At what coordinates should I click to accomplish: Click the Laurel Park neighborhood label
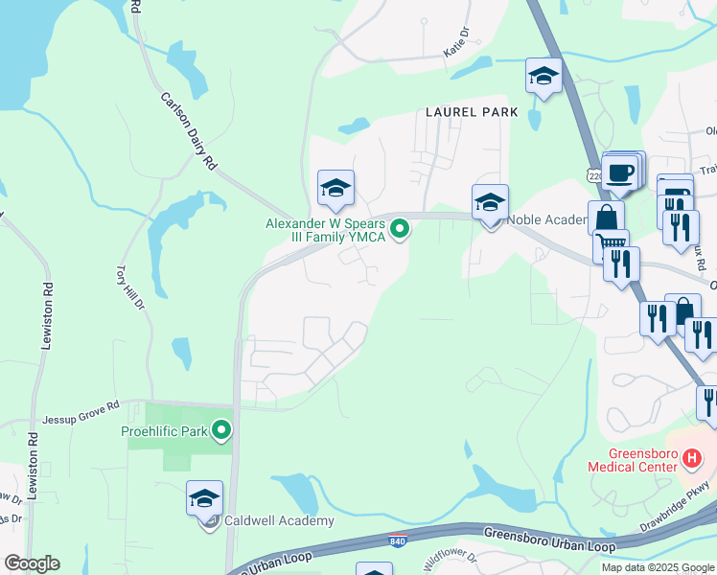click(472, 112)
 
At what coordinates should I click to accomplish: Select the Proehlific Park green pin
click(221, 431)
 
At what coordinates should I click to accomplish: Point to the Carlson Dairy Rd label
click(189, 131)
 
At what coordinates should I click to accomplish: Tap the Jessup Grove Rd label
click(81, 419)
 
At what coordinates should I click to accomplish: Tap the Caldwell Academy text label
click(278, 521)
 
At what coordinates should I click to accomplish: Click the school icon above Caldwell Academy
click(205, 498)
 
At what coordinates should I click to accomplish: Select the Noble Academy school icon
click(490, 202)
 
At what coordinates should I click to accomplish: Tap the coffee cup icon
click(622, 172)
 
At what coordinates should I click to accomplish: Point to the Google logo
click(32, 563)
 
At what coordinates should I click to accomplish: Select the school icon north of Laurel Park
click(544, 78)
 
